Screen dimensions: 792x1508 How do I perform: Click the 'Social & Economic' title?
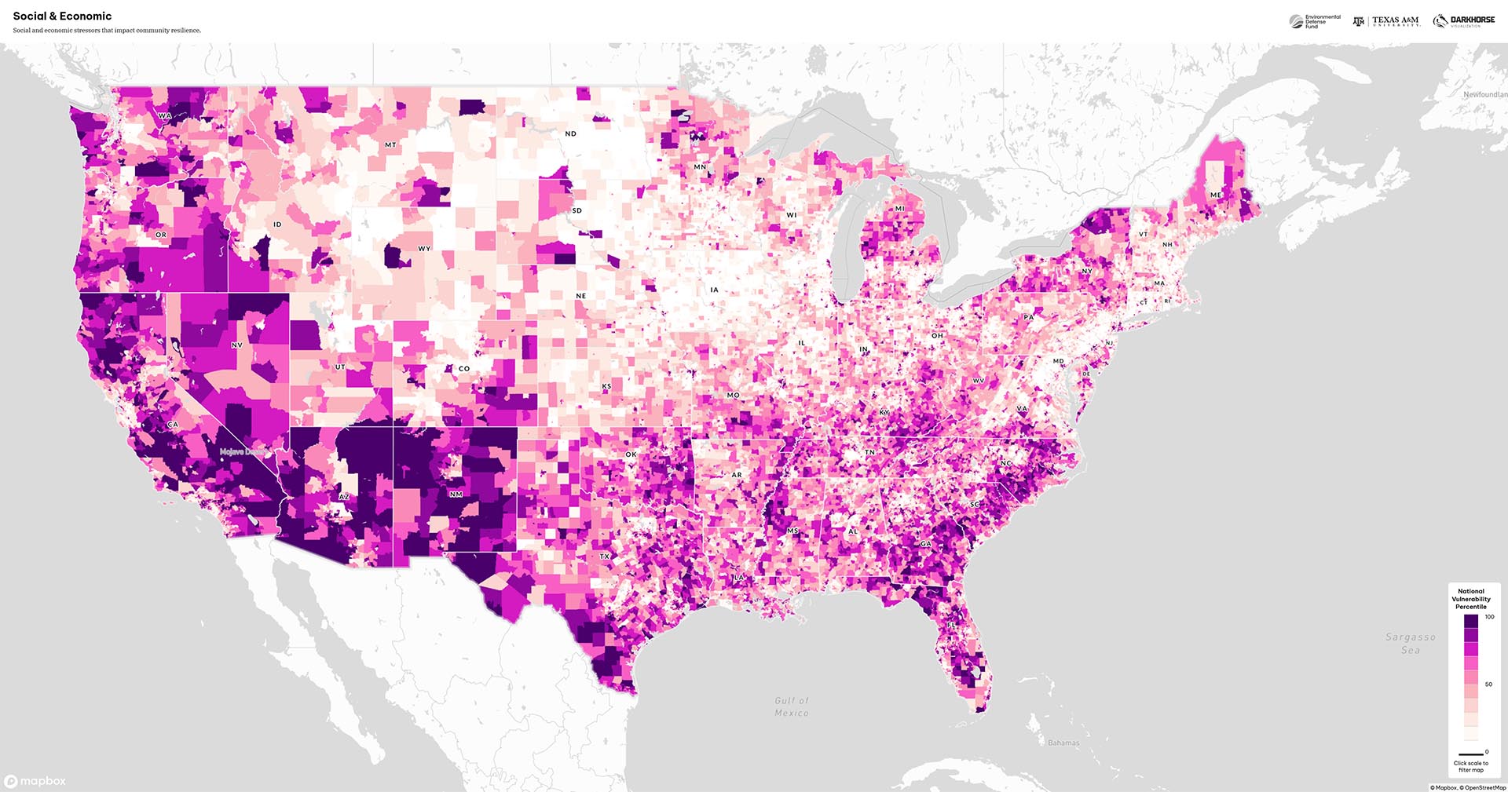point(62,16)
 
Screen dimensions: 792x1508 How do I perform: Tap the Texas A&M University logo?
point(1386,21)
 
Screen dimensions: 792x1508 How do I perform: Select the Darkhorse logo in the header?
point(1464,21)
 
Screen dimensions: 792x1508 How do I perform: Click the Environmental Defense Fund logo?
point(1315,21)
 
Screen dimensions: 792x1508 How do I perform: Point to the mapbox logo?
point(35,781)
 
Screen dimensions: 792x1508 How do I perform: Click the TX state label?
point(605,557)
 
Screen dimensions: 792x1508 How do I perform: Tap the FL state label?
point(952,625)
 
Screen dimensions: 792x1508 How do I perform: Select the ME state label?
point(1216,195)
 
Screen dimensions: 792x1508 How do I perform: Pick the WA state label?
point(164,116)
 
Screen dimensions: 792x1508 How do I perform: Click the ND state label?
point(571,133)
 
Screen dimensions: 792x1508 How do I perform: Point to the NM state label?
point(456,494)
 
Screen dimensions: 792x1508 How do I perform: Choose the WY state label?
point(424,248)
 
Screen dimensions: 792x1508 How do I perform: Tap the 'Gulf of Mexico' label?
point(792,706)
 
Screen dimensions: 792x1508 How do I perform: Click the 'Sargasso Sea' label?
point(1411,644)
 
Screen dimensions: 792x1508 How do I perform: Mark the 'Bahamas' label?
point(1063,743)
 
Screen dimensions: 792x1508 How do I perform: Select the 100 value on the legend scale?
point(1489,617)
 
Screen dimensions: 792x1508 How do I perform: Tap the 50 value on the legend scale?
point(1488,684)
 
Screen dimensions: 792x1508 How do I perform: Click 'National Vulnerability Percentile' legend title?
point(1471,599)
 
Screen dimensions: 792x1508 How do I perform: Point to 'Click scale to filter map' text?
point(1471,766)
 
